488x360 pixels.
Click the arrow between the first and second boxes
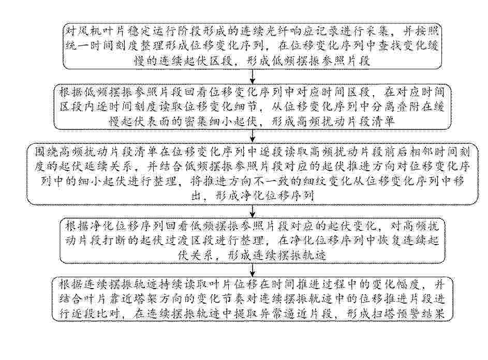[253, 76]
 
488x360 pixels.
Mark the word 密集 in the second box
[193, 122]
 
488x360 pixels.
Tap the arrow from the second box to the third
[253, 136]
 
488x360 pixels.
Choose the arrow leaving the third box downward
[253, 212]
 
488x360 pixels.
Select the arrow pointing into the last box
[253, 270]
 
